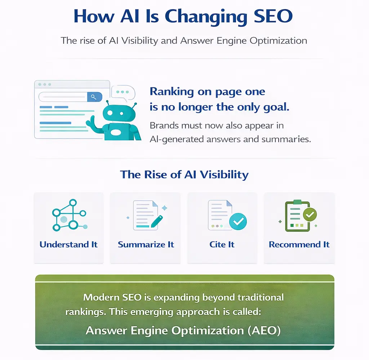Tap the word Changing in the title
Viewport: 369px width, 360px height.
(x=195, y=17)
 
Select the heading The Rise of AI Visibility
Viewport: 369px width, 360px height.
(x=184, y=175)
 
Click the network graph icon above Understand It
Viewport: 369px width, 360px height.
(x=68, y=216)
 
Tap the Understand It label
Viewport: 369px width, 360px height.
(x=68, y=244)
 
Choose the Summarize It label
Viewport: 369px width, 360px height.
(x=146, y=244)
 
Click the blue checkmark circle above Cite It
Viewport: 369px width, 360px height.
(x=238, y=221)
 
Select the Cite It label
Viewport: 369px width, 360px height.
(x=222, y=244)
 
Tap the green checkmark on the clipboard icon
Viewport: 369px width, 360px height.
(x=309, y=215)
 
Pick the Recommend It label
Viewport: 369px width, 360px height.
(x=299, y=244)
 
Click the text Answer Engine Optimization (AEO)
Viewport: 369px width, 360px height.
(x=183, y=330)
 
